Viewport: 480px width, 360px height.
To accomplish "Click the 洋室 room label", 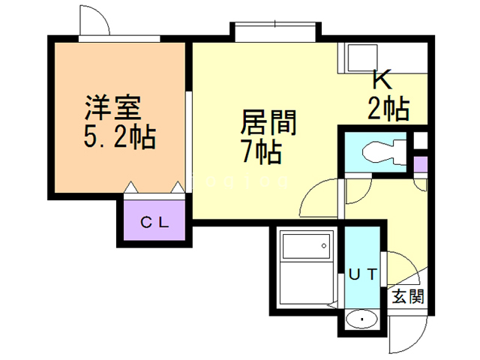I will click(112, 107).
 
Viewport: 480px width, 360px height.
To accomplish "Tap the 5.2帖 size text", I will click(118, 136).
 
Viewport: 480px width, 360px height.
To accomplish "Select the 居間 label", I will click(268, 122).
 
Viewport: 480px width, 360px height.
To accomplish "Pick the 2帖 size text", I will click(388, 109).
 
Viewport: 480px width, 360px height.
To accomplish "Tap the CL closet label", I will click(155, 222).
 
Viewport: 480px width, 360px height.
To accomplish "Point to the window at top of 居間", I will click(274, 32).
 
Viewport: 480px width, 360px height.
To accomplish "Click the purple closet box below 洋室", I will click(155, 222).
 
